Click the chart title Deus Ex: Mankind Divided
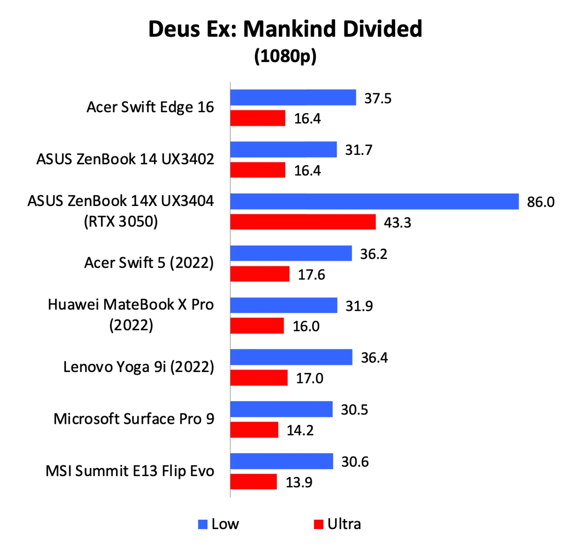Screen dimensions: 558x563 (x=285, y=29)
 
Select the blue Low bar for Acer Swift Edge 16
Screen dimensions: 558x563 (x=293, y=97)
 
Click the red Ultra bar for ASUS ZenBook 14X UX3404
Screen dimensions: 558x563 (x=303, y=222)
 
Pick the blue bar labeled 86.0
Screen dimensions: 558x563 (x=374, y=201)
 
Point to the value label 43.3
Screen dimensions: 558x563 (x=397, y=222)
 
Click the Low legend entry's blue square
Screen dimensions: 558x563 (x=203, y=524)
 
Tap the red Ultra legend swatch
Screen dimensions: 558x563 (x=318, y=524)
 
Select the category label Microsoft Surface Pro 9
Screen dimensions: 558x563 (x=134, y=419)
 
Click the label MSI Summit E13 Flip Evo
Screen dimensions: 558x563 (x=130, y=471)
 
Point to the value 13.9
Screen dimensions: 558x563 (x=299, y=482)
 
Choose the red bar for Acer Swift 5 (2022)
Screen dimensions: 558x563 (x=260, y=274)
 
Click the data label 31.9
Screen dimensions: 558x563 (x=359, y=306)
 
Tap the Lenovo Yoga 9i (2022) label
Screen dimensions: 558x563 (x=138, y=367)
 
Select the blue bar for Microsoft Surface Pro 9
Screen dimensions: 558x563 (x=281, y=409)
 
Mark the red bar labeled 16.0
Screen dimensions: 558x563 (x=257, y=326)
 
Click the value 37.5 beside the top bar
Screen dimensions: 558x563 (x=378, y=98)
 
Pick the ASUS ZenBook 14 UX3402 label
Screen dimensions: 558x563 (x=125, y=159)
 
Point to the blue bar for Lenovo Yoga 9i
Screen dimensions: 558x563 (x=291, y=357)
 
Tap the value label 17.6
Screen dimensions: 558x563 (x=311, y=275)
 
